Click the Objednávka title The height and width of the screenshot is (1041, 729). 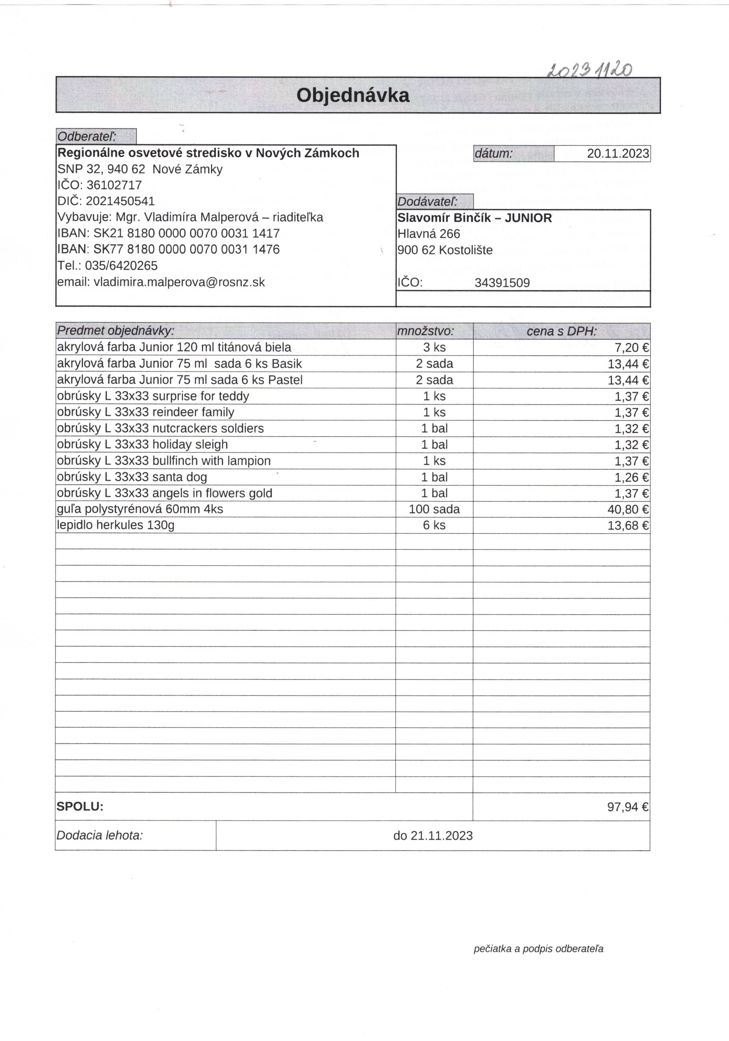click(x=353, y=95)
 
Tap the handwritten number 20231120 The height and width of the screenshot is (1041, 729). click(x=589, y=70)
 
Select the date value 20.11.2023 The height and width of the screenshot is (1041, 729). click(x=618, y=153)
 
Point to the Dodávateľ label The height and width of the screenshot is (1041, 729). click(x=427, y=202)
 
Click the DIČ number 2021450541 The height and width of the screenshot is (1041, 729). click(x=120, y=201)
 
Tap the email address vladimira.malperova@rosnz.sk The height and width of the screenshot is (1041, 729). click(x=179, y=282)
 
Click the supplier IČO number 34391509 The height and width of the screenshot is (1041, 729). click(x=502, y=283)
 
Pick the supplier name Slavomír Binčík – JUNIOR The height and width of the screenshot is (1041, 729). click(x=475, y=218)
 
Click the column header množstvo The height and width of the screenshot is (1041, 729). click(x=425, y=331)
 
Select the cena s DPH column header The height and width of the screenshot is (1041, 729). click(x=561, y=331)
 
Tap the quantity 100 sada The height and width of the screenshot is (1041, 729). click(x=434, y=509)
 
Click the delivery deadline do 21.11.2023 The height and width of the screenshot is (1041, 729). click(x=433, y=836)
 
